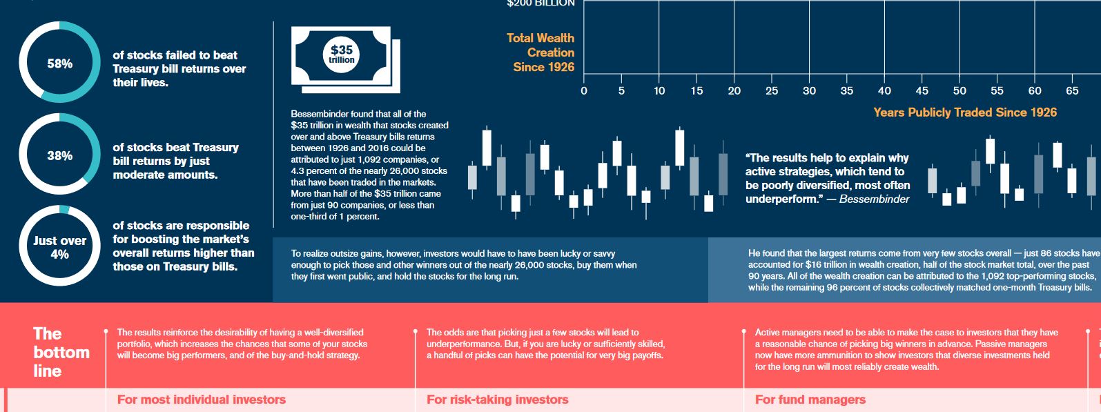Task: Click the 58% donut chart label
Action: pos(60,63)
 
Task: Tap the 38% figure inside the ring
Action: pos(60,155)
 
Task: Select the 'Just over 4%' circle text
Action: pos(60,247)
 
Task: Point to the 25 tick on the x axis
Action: pos(772,90)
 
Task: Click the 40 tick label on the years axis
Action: pos(884,90)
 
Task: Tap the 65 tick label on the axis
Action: pos(1072,90)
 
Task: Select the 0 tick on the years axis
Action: pos(584,90)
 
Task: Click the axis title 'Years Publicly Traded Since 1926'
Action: pos(965,112)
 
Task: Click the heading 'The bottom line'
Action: pos(61,352)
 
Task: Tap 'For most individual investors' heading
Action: pos(201,400)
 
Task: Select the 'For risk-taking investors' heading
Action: pos(497,400)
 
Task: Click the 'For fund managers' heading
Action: pos(810,400)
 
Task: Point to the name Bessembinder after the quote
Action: pos(874,199)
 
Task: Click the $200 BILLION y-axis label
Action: pos(540,3)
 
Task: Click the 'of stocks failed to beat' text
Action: pos(175,55)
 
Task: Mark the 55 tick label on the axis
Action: pos(997,90)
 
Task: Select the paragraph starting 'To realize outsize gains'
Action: pos(463,265)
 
